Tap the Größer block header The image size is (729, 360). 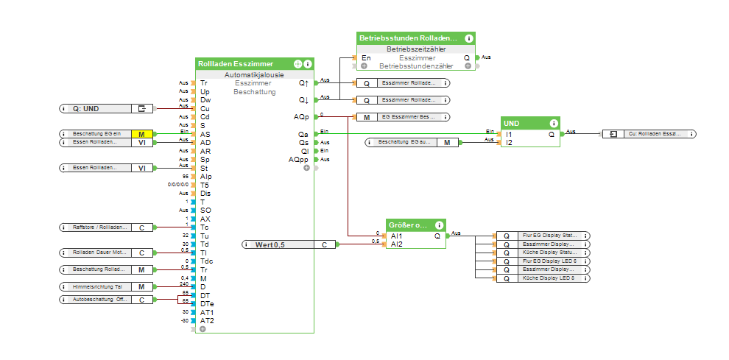coord(408,225)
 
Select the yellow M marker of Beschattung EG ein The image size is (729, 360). coord(142,134)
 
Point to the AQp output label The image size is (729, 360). coord(300,116)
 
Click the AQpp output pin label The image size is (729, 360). coord(299,159)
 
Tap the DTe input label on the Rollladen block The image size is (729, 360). coord(206,303)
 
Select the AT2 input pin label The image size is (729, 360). coord(207,320)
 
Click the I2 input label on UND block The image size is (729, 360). coord(509,142)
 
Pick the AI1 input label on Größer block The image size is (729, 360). coord(397,236)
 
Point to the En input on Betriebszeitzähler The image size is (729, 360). coord(366,57)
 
